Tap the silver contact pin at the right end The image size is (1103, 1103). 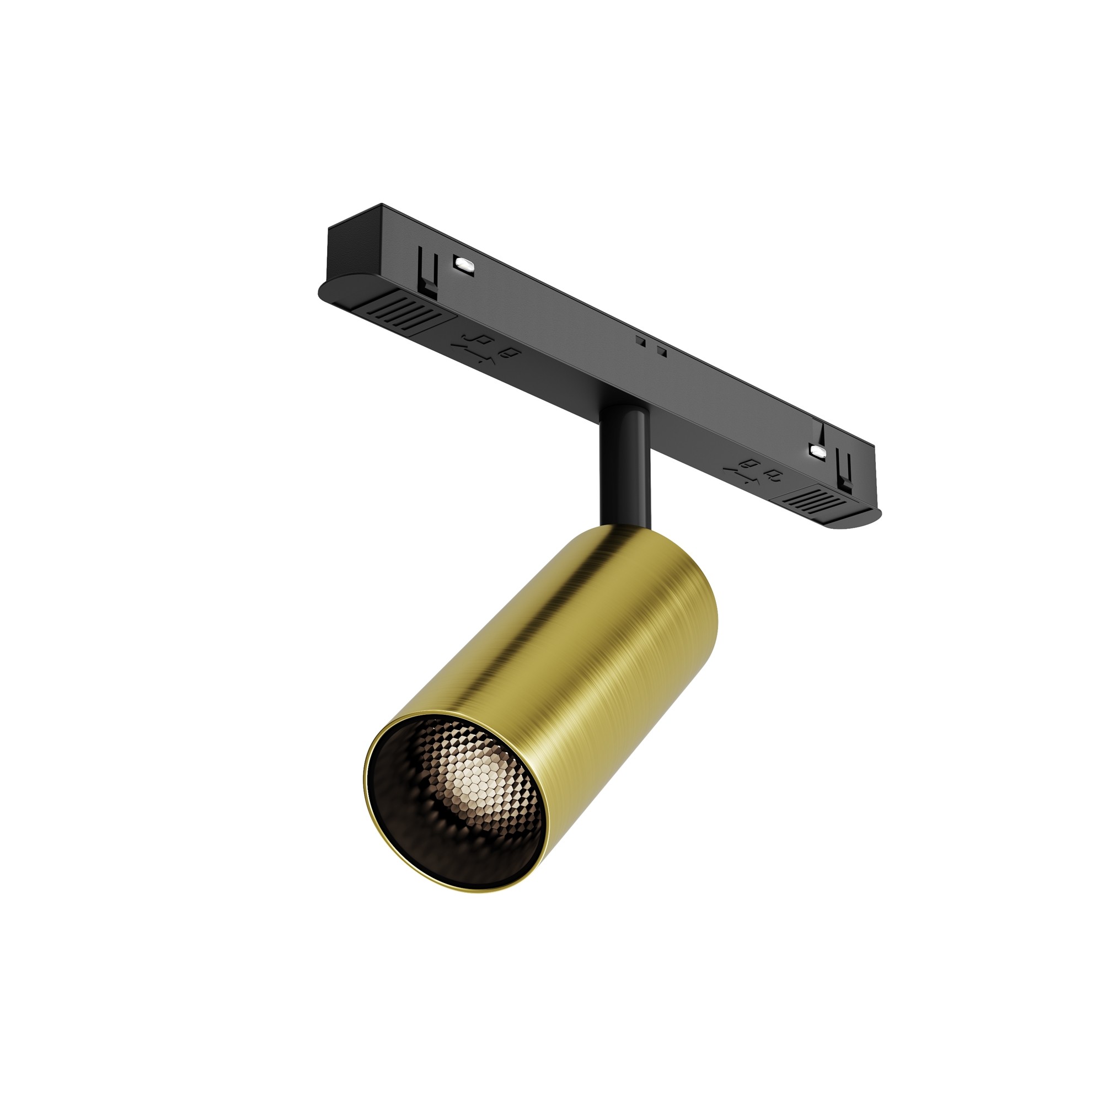[817, 452]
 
